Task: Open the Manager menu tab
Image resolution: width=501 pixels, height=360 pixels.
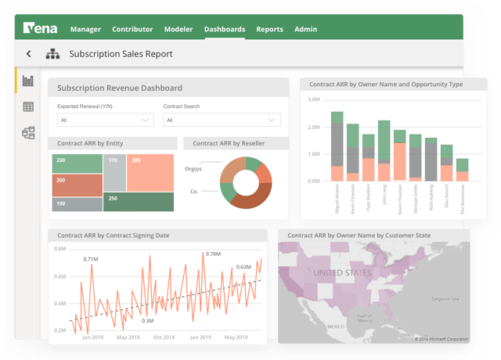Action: (x=85, y=30)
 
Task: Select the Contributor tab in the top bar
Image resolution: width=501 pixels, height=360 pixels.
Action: (x=132, y=30)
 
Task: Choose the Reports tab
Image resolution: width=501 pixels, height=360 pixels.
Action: (x=269, y=30)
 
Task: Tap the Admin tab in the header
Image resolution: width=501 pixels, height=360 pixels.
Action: (x=305, y=30)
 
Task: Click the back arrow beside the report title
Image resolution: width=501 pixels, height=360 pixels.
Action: (x=29, y=54)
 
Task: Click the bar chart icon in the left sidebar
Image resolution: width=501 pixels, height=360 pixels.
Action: (x=28, y=81)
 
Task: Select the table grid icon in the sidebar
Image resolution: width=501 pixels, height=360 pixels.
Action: (x=28, y=106)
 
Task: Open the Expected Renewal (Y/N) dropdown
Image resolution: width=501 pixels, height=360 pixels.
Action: (x=105, y=121)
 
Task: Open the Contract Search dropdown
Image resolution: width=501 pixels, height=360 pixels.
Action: (x=221, y=121)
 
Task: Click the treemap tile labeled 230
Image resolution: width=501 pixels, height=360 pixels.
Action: (x=77, y=163)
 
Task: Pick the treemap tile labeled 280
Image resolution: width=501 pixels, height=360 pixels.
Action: (x=150, y=172)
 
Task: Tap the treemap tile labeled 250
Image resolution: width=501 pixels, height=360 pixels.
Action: (x=139, y=201)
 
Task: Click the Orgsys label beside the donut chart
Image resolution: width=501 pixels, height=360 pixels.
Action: (x=193, y=168)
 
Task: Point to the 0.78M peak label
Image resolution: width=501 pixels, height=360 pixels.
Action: (x=213, y=254)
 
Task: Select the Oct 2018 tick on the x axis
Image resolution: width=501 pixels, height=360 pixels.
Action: (x=164, y=337)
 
